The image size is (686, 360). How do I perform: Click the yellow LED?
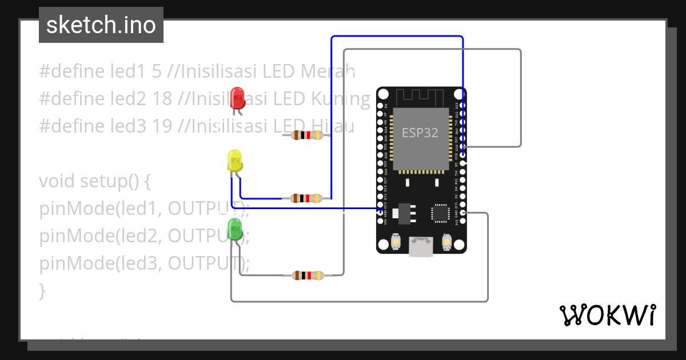coord(235,161)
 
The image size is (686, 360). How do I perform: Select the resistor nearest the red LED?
coord(307,135)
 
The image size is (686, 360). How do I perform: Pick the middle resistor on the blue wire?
coord(307,198)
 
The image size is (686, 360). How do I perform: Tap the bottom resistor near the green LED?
coord(308,275)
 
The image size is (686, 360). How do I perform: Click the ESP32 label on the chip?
coord(420,133)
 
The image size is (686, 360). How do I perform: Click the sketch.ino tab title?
coord(101,25)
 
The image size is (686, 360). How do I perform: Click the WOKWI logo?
coord(607,315)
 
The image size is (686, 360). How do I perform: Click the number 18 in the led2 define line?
coord(162,99)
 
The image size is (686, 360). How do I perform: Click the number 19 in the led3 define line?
coord(162,126)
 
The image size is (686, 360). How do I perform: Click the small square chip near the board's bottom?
coord(441,213)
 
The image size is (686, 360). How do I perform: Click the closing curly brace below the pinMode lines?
coord(42,291)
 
